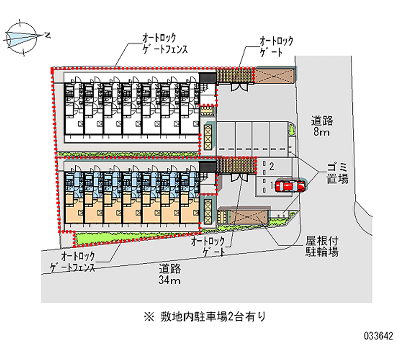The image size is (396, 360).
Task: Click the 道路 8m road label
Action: [x=322, y=126]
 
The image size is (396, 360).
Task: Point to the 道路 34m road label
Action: [x=170, y=275]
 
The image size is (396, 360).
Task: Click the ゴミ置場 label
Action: [x=337, y=173]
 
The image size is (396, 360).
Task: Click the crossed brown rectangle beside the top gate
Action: [x=273, y=75]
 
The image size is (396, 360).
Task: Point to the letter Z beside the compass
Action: [x=47, y=35]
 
